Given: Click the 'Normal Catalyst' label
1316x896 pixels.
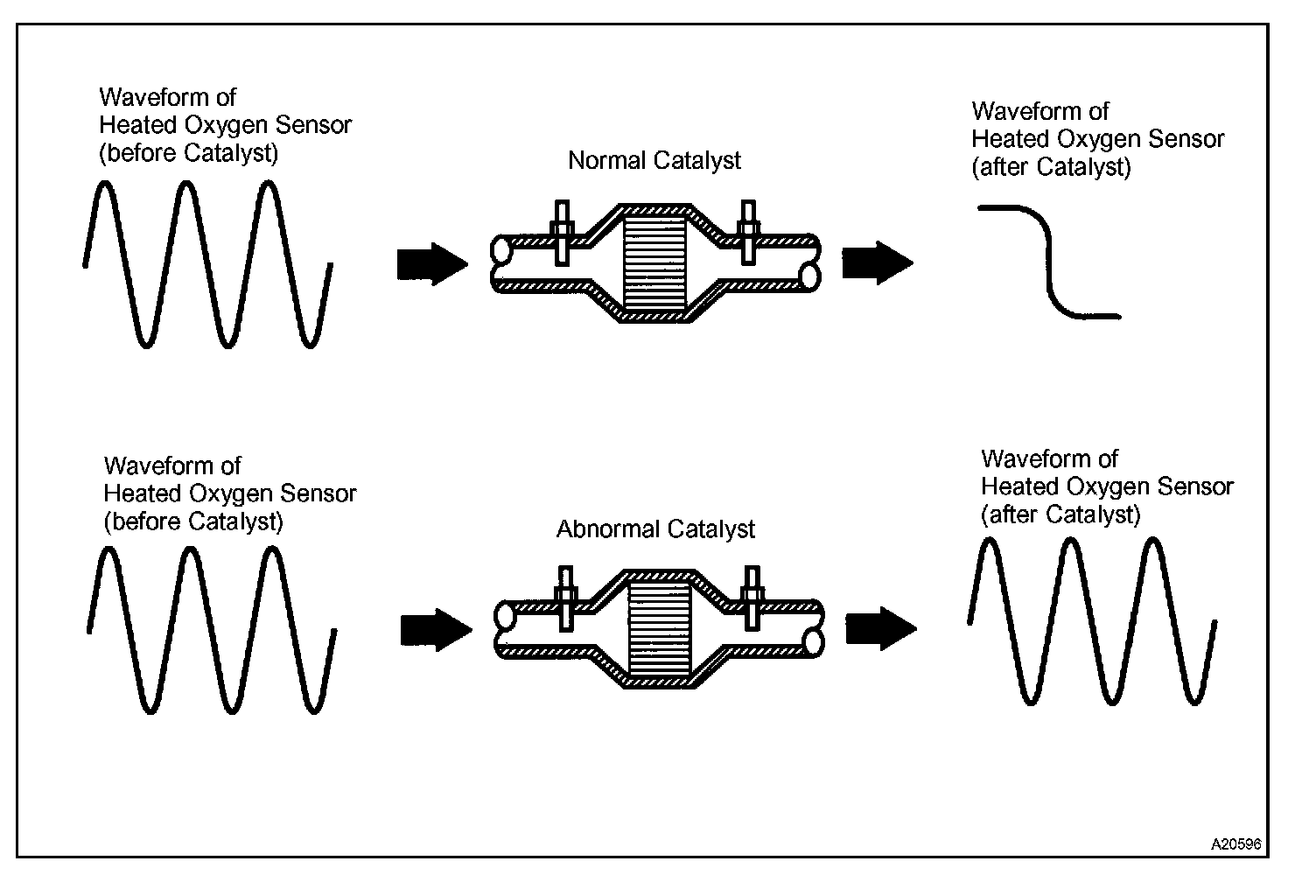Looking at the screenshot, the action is pyautogui.click(x=654, y=160).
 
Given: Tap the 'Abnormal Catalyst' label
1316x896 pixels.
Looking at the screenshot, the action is pyautogui.click(x=655, y=529).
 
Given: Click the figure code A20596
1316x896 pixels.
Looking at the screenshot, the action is pyautogui.click(x=1236, y=844).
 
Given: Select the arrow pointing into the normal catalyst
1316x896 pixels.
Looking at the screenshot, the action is pyautogui.click(x=432, y=264).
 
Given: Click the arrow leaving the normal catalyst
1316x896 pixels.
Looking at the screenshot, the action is pyautogui.click(x=878, y=263).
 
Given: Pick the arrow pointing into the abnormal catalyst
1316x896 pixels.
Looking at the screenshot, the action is pyautogui.click(x=437, y=630).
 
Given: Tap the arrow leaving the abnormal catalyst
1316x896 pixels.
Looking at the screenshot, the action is pyautogui.click(x=881, y=628).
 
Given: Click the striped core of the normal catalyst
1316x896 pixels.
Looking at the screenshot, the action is pyautogui.click(x=654, y=263).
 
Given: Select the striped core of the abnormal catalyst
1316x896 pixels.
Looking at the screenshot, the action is pyautogui.click(x=660, y=628).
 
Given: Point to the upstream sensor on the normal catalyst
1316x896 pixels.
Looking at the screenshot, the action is pyautogui.click(x=563, y=234).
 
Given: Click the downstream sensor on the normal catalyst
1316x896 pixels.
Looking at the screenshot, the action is pyautogui.click(x=748, y=233).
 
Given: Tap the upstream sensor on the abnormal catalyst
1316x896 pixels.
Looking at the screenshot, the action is pyautogui.click(x=566, y=598).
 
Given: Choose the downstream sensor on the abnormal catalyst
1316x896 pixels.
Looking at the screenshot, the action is pyautogui.click(x=752, y=598).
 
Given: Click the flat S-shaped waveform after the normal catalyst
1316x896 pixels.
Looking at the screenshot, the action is pyautogui.click(x=1049, y=262).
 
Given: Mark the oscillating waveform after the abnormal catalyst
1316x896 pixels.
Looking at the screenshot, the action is pyautogui.click(x=1092, y=621).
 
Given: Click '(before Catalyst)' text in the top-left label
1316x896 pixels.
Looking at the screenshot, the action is pyautogui.click(x=189, y=153).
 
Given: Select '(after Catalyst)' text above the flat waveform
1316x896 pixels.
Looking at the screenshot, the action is pyautogui.click(x=1051, y=167).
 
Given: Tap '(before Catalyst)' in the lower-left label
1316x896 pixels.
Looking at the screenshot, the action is pyautogui.click(x=193, y=521).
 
